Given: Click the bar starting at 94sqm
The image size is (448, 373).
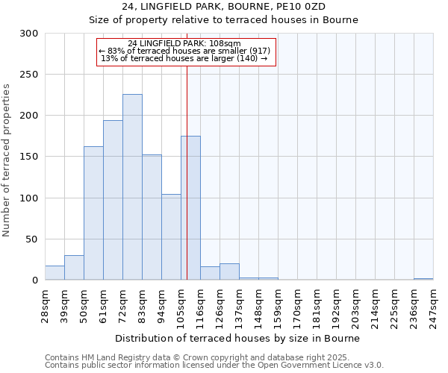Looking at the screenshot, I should click(171, 236).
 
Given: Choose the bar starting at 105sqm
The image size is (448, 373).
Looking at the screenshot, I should click(190, 207).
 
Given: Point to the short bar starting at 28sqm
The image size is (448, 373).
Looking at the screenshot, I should click(55, 273).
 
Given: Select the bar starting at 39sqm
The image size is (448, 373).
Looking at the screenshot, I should click(74, 268).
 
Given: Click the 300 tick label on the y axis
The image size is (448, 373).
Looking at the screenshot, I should click(29, 34).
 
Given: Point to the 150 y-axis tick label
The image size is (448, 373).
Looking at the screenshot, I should click(29, 157).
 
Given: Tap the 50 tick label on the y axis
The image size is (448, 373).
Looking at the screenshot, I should click(32, 239).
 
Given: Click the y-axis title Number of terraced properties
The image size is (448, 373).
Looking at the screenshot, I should click(7, 160).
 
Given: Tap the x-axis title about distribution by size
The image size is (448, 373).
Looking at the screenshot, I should click(238, 338).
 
